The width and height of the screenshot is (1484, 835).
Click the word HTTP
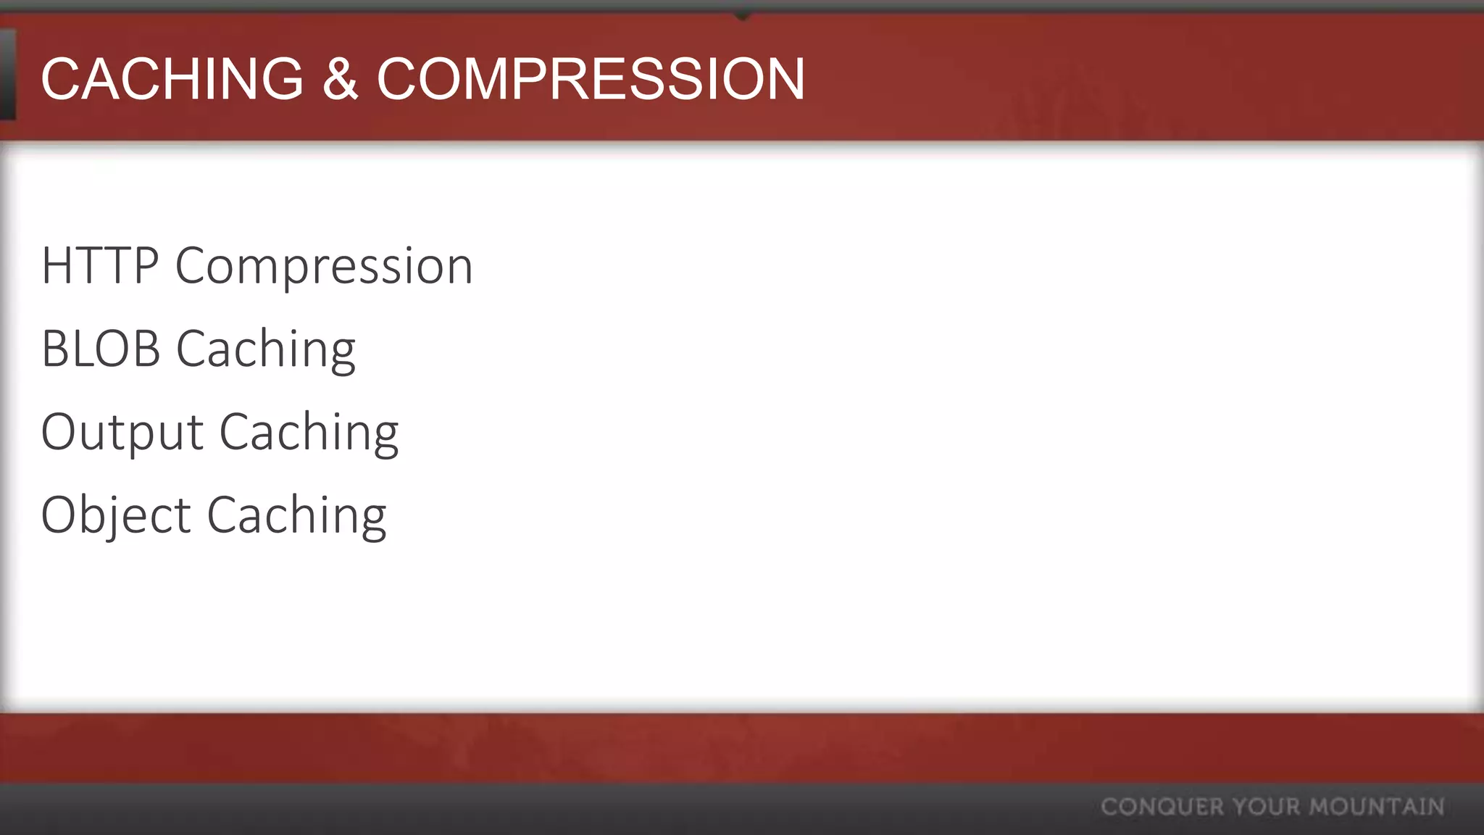[100, 266]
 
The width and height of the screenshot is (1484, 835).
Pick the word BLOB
[101, 349]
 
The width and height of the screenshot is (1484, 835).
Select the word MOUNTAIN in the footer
[1377, 807]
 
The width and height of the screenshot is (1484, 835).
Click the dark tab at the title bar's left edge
[7, 75]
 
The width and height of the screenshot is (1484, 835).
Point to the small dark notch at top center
[742, 14]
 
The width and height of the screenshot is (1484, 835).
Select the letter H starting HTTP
[57, 266]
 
